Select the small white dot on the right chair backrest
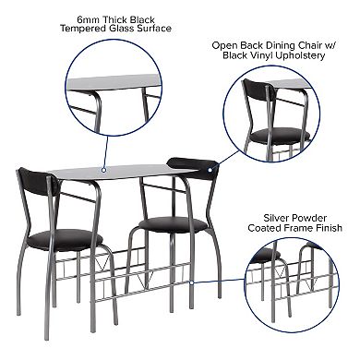(x=212, y=170)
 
